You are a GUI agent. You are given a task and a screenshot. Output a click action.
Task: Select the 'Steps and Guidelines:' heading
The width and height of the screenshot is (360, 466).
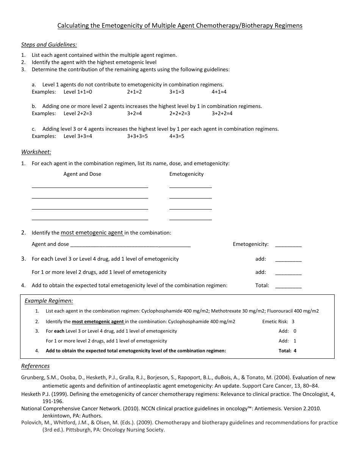click(49, 45)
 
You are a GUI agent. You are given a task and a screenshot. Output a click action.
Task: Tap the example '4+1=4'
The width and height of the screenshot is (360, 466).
click(219, 92)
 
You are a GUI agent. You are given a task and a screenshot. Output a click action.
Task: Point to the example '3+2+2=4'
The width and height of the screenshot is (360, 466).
click(222, 113)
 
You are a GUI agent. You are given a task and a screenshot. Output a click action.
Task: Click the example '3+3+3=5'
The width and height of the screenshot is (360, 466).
click(137, 136)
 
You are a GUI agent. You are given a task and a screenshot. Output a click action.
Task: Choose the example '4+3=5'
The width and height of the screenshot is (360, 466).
click(177, 136)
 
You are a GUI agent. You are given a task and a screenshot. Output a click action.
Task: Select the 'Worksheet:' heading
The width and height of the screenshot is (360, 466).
click(36, 152)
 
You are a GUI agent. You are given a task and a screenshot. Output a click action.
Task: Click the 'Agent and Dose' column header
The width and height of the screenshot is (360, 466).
click(82, 174)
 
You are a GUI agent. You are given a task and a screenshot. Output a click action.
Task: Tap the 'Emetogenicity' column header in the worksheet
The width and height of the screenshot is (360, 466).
click(186, 174)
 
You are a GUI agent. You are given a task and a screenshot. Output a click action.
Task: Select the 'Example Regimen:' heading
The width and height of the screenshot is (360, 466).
click(49, 301)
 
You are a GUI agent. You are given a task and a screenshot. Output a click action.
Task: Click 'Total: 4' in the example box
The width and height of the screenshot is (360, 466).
click(287, 351)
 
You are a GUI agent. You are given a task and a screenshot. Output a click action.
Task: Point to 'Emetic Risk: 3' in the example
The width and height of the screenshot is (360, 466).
click(278, 322)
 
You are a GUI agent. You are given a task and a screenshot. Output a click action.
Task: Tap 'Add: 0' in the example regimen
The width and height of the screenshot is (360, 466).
click(287, 331)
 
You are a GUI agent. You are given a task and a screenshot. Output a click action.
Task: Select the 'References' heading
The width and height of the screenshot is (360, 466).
click(35, 366)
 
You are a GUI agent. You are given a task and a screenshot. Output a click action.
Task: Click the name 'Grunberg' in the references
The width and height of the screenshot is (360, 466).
click(30, 378)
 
